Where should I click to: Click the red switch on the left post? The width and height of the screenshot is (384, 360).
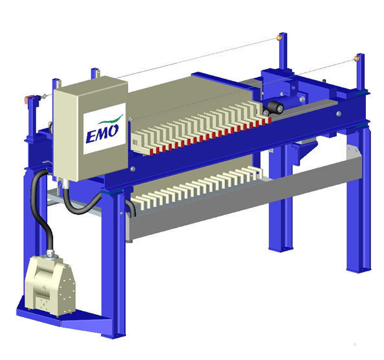point(28,100)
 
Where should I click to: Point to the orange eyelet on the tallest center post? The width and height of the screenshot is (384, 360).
point(280,37)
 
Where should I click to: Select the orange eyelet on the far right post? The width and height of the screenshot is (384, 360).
point(356,59)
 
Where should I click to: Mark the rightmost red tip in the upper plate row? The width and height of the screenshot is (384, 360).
point(265,120)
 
